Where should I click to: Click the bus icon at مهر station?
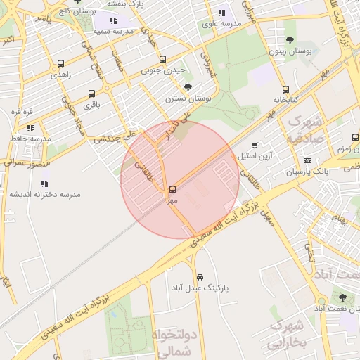pyautogui.click(x=172, y=190)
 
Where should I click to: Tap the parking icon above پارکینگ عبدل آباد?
pyautogui.click(x=201, y=277)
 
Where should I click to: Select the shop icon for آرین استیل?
pyautogui.click(x=255, y=146)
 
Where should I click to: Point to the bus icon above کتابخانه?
pyautogui.click(x=285, y=89)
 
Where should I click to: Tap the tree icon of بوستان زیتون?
pyautogui.click(x=290, y=41)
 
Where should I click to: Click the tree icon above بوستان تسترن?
pyautogui.click(x=188, y=87)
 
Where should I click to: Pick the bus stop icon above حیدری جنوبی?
pyautogui.click(x=163, y=59)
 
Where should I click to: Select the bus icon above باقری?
pyautogui.click(x=91, y=94)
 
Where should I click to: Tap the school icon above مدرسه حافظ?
pyautogui.click(x=30, y=128)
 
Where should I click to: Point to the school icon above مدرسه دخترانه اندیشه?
pyautogui.click(x=44, y=184)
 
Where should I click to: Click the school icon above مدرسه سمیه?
pyautogui.click(x=114, y=21)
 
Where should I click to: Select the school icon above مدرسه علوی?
pyautogui.click(x=222, y=13)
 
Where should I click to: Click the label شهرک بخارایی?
pyautogui.click(x=288, y=333)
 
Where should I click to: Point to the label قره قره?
pyautogui.click(x=22, y=112)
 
